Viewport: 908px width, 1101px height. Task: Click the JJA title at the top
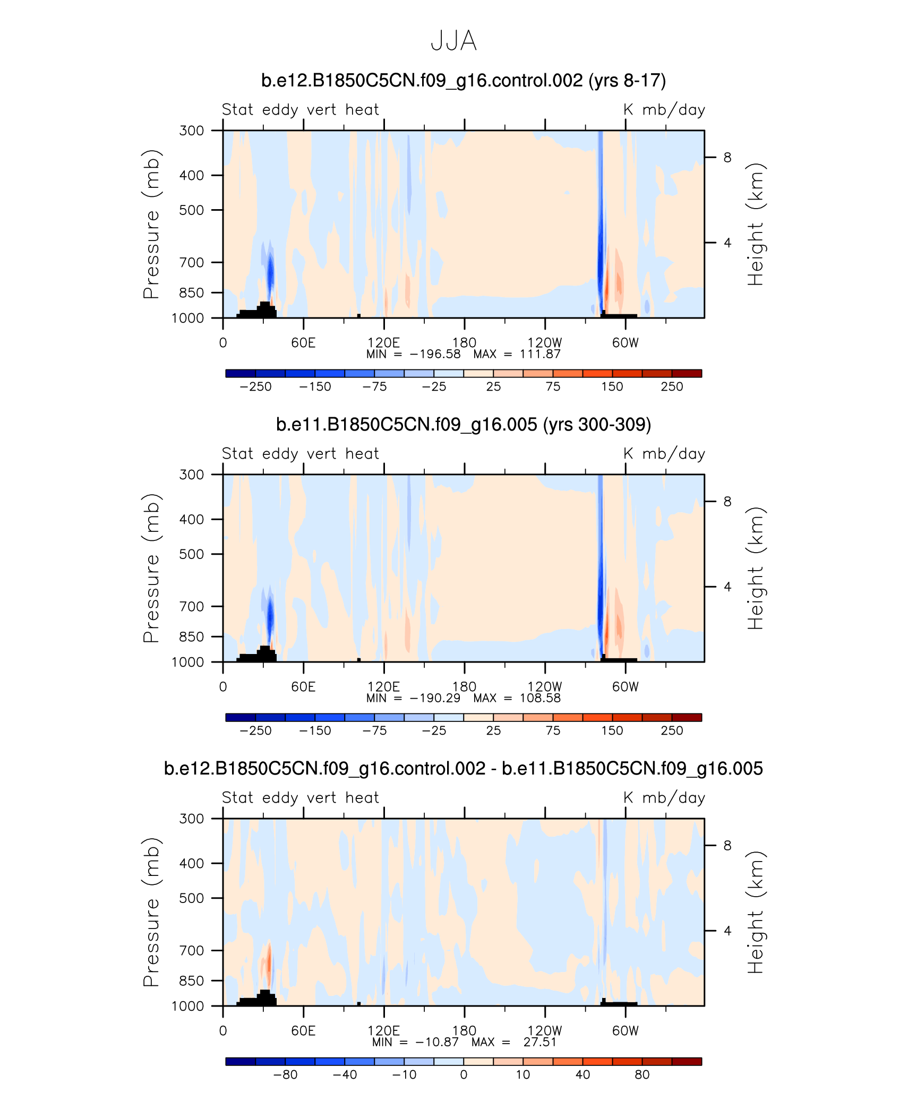tap(453, 41)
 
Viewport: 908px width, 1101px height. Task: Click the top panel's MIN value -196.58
tap(435, 354)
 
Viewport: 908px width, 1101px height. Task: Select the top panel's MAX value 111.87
tap(540, 354)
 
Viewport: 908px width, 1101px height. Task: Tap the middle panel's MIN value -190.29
tap(435, 698)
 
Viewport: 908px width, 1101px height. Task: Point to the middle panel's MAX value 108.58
tap(540, 698)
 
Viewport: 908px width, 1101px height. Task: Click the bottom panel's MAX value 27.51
tap(540, 1042)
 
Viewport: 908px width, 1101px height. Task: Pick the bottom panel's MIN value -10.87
tap(437, 1042)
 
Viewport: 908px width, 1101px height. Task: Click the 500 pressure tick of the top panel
tap(192, 210)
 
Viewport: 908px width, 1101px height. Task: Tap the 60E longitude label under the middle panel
tap(303, 687)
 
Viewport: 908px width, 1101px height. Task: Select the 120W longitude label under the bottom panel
tap(544, 1030)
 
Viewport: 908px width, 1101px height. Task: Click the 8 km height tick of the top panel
tap(727, 158)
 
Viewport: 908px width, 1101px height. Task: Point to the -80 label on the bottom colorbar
tap(285, 1075)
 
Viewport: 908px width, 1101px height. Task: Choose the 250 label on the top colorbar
tap(672, 387)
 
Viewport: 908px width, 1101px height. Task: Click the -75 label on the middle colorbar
tap(374, 731)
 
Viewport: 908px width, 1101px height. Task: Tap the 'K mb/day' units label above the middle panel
tap(664, 454)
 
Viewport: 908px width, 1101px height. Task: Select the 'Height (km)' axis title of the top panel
tap(755, 224)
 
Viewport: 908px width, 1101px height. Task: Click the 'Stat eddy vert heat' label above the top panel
tap(301, 110)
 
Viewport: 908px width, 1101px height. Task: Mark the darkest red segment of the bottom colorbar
tap(687, 1062)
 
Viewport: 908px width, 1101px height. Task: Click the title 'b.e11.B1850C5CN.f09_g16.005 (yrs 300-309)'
tap(464, 425)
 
